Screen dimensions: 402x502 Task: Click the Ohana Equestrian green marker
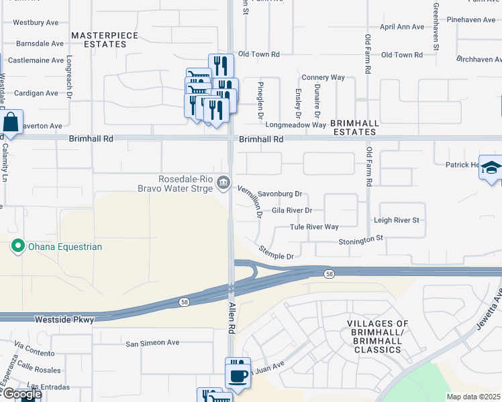point(18,247)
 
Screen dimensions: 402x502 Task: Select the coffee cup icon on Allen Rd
point(237,375)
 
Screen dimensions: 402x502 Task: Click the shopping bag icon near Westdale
point(11,123)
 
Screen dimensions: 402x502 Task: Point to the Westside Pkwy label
point(64,320)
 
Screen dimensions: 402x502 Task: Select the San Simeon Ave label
point(152,342)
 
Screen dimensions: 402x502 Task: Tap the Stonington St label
point(360,239)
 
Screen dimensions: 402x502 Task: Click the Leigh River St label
point(396,220)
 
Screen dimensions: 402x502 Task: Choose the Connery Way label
point(323,78)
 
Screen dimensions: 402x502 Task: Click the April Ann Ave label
point(402,27)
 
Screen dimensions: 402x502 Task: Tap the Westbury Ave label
point(36,22)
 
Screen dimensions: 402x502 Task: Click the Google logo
point(21,394)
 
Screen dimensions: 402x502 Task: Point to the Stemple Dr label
point(277,253)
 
